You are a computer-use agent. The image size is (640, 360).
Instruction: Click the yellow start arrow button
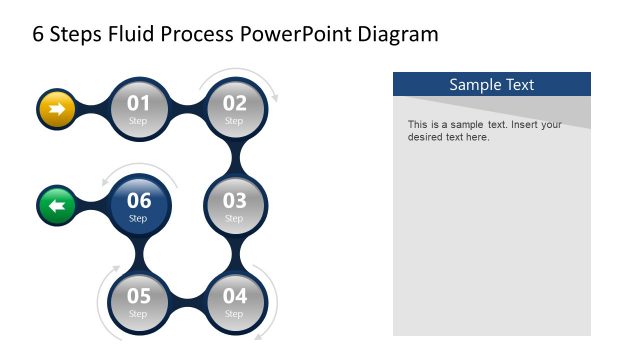[57, 109]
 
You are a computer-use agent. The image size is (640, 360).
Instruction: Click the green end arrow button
[57, 206]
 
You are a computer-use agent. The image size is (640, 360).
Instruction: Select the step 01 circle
[138, 108]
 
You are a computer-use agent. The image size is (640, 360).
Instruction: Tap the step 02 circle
[234, 108]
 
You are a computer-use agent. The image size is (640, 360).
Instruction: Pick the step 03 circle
[234, 205]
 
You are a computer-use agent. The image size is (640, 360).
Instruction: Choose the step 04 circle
[234, 301]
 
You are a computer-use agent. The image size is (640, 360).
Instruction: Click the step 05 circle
[138, 301]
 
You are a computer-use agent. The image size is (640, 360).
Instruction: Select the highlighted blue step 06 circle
[138, 205]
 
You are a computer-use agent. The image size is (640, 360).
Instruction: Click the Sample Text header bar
[491, 84]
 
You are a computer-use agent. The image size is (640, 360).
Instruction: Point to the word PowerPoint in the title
[289, 35]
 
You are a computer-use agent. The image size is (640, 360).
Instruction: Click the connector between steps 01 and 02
[186, 108]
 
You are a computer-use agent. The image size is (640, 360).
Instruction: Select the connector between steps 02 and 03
[234, 156]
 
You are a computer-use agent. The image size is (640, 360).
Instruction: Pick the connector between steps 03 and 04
[234, 253]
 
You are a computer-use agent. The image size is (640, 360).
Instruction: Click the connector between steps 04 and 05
[186, 301]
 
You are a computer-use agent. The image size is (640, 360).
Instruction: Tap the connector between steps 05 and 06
[138, 253]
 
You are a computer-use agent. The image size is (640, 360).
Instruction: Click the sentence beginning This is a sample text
[484, 131]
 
